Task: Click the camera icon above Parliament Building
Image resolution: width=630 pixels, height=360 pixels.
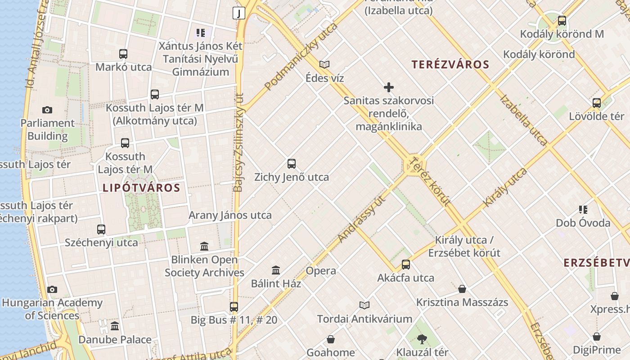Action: click(47, 110)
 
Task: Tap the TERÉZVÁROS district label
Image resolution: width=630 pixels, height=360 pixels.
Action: click(450, 64)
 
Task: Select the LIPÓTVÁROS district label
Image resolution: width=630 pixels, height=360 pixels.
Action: click(141, 188)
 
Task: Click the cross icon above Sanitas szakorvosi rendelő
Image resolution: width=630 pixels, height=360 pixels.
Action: click(389, 87)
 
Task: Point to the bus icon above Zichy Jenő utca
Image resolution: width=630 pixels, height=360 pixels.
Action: click(292, 164)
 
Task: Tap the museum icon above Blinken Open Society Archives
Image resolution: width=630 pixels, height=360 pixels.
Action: click(204, 247)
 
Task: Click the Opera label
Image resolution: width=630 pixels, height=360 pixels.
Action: click(321, 271)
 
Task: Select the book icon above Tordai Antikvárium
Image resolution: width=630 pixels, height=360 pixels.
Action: click(364, 306)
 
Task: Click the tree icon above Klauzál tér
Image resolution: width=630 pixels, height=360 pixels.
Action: click(422, 339)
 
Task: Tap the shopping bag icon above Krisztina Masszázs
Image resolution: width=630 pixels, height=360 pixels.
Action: click(462, 289)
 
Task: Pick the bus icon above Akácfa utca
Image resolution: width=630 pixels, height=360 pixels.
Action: click(406, 265)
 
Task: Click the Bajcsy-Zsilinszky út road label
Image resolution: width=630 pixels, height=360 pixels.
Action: click(238, 142)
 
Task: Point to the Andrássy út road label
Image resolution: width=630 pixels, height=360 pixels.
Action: click(362, 219)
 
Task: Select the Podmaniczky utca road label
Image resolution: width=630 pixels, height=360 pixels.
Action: click(301, 57)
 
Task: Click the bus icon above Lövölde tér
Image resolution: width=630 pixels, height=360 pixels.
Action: click(597, 103)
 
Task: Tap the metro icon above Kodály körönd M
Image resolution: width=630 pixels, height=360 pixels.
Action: click(562, 21)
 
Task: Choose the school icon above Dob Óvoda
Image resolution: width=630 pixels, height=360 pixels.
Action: click(583, 210)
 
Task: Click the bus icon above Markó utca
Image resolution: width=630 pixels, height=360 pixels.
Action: click(123, 54)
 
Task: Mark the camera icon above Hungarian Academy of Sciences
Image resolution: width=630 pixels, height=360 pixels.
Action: click(52, 289)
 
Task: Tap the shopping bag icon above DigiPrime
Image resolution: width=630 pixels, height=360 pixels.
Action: click(597, 337)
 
